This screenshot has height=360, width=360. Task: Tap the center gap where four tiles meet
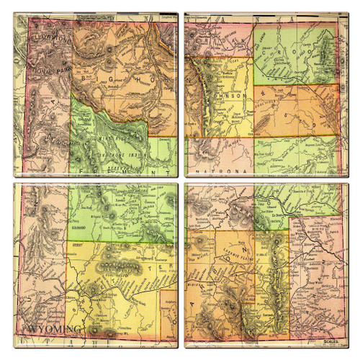click(x=180, y=180)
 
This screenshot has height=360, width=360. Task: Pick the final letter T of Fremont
click(x=171, y=173)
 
